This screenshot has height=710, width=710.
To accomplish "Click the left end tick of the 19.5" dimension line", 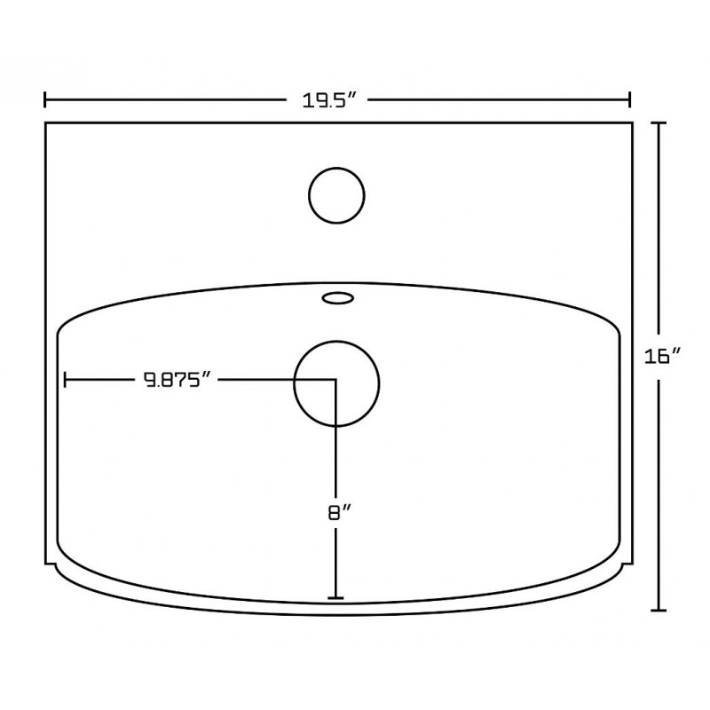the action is coord(45,99).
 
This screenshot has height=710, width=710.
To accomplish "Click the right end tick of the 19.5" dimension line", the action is coord(629,99).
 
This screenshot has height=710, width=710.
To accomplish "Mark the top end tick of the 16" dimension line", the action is coord(659,122).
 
